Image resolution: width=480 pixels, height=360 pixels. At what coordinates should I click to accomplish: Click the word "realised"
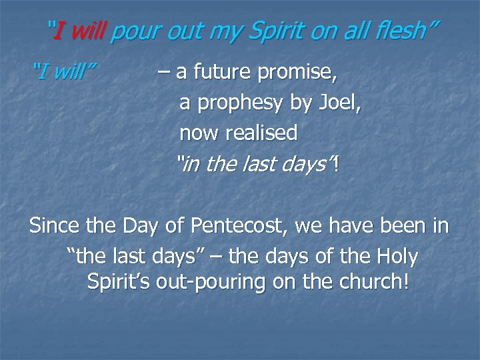pyautogui.click(x=261, y=133)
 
